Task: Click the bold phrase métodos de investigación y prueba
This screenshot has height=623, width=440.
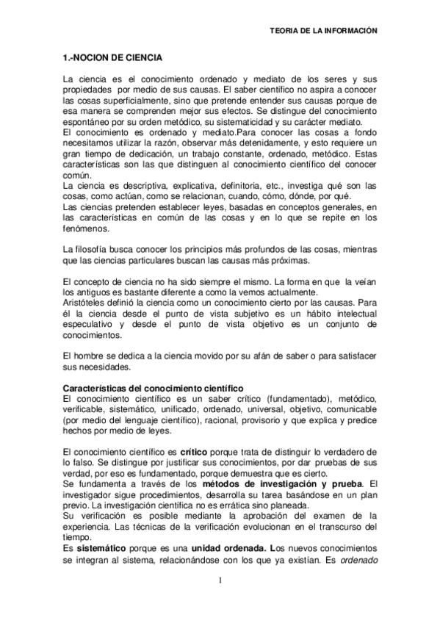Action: click(x=284, y=482)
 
